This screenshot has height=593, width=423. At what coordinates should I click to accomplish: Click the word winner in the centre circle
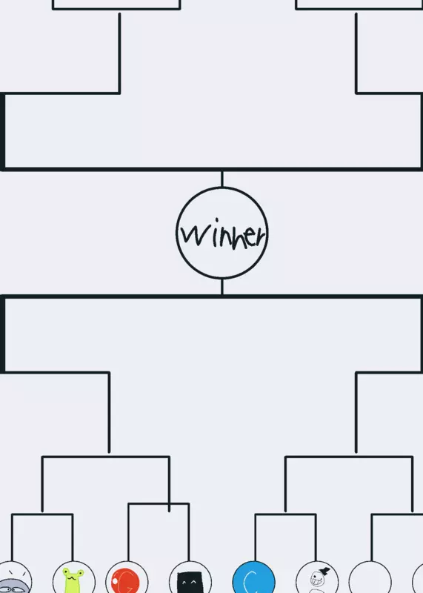pos(222,233)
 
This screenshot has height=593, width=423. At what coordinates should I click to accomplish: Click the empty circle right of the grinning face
pos(370,577)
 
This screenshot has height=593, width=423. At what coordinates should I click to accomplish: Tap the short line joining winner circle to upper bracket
pos(222,179)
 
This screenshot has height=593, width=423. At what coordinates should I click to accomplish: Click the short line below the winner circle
pos(222,287)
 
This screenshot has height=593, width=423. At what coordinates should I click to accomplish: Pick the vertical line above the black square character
pos(189,532)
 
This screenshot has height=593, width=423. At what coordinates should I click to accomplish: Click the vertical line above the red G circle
pos(128,532)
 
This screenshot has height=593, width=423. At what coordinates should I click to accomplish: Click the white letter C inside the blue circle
pos(250,583)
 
